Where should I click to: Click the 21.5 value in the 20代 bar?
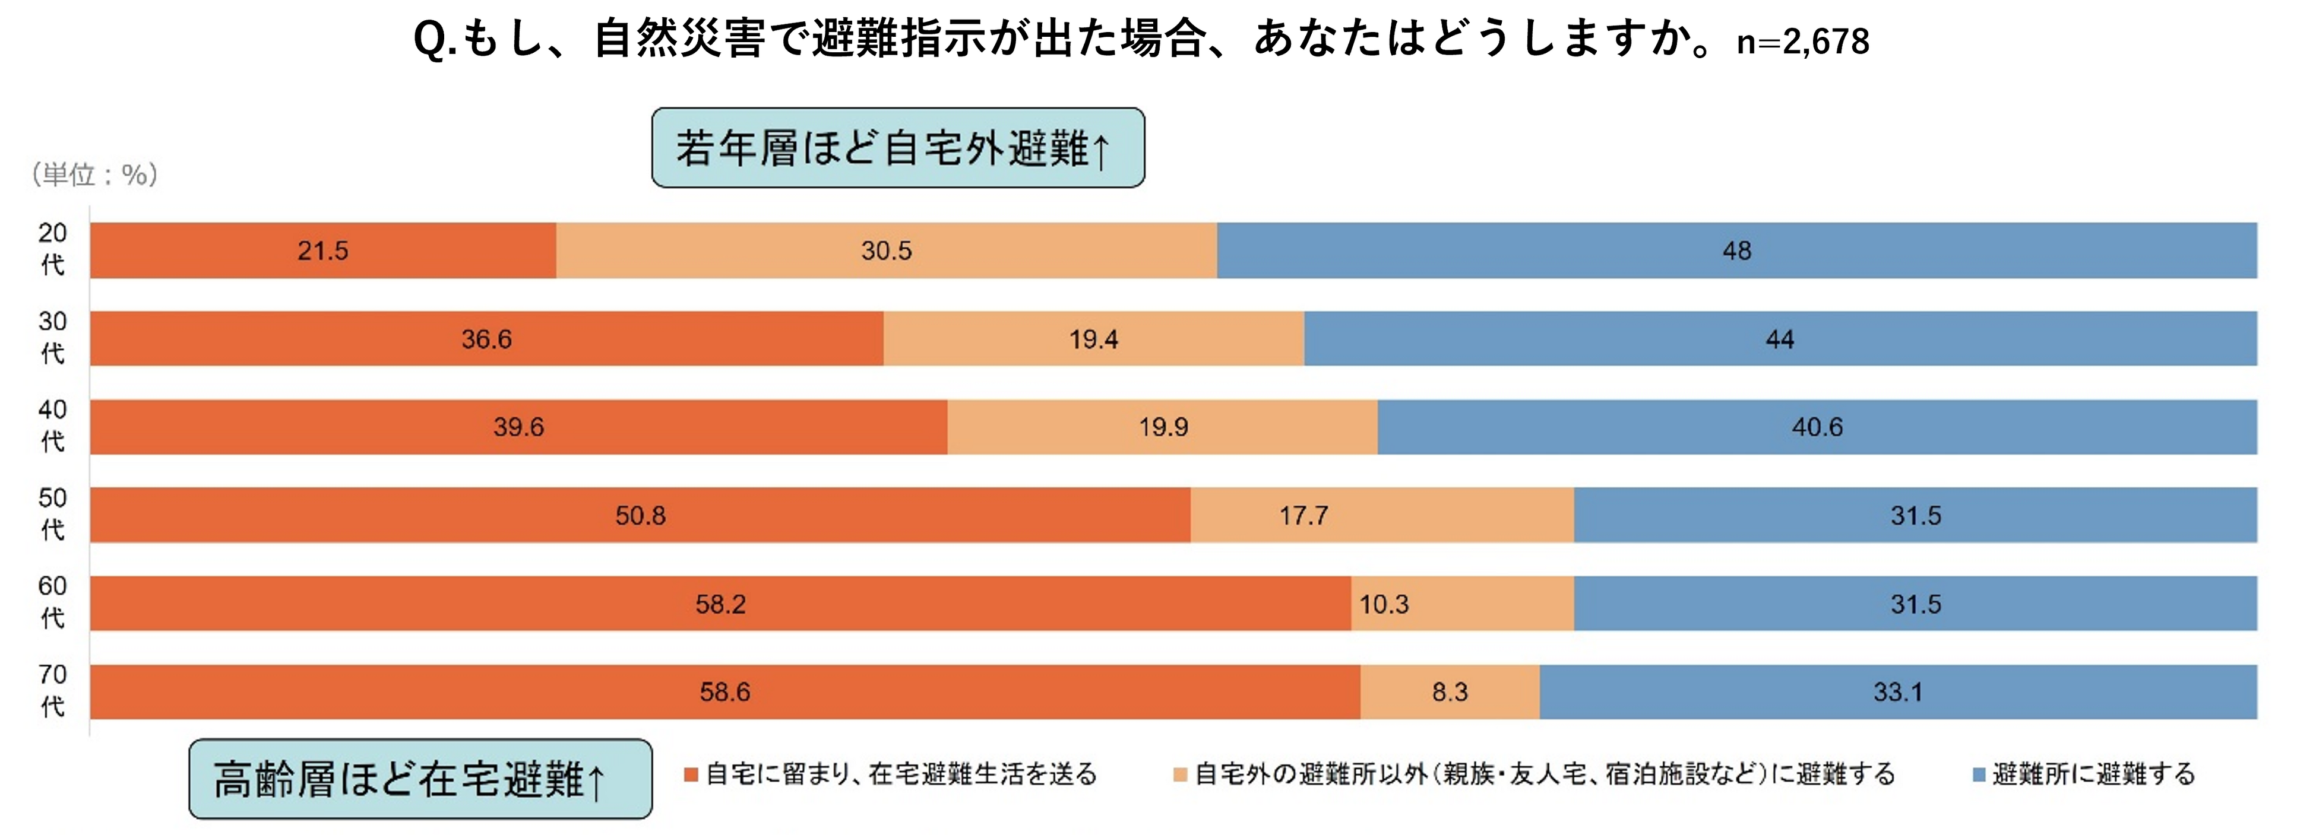323,251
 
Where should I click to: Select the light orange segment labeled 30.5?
887,251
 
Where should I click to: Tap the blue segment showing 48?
1737,251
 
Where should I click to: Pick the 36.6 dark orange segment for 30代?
486,339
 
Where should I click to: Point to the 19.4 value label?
1093,339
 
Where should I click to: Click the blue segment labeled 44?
1780,339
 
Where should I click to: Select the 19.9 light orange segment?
1163,427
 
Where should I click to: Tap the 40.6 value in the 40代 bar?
1817,427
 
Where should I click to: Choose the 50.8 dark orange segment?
640,515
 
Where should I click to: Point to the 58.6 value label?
724,692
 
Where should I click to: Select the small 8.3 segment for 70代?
1450,692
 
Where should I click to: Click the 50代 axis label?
52,514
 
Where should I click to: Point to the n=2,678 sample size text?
1803,42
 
